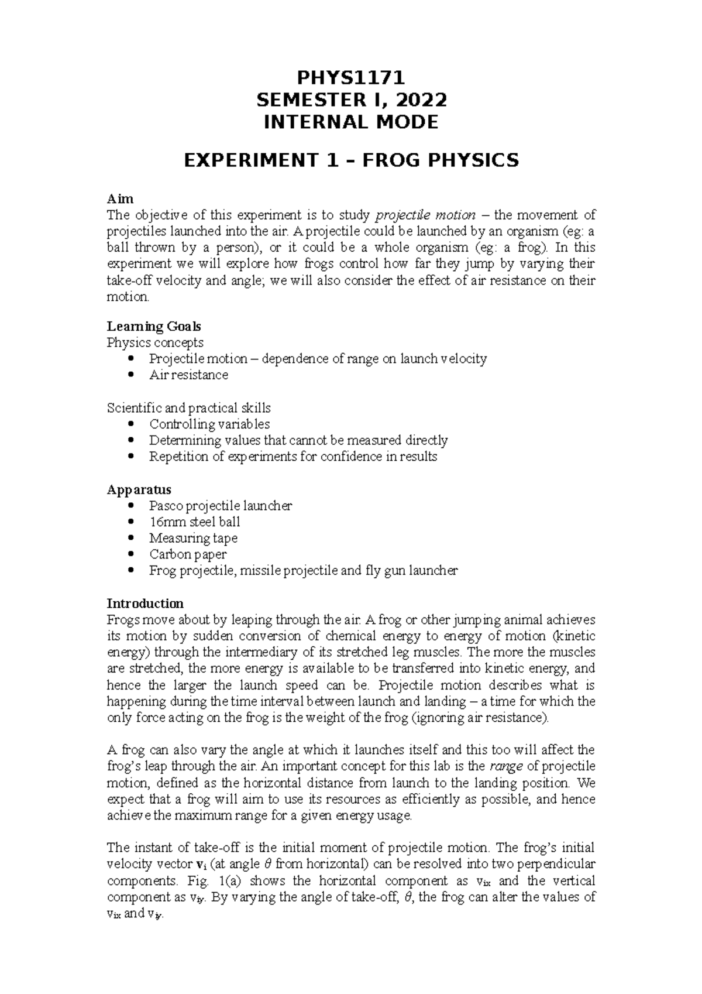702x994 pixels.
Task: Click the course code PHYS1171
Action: coord(351,78)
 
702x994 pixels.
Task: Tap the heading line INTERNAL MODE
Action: coord(351,122)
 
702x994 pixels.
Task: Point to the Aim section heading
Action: coord(120,199)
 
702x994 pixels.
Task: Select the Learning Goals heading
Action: coord(154,326)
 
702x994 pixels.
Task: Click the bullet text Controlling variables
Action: coord(209,424)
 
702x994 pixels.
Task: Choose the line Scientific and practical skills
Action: coord(188,407)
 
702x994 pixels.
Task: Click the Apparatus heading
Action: coord(139,489)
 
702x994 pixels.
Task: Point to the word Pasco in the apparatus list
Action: coord(166,505)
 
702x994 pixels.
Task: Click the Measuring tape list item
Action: coord(193,538)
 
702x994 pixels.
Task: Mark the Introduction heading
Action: coord(145,603)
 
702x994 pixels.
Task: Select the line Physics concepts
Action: coord(155,342)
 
